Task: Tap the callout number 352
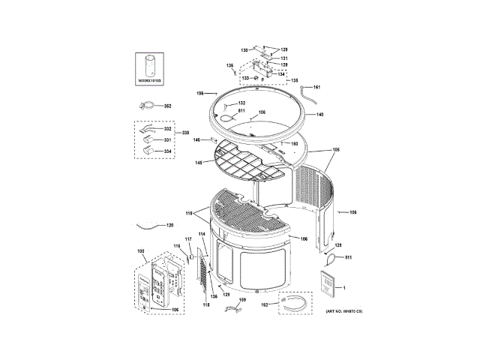point(168,106)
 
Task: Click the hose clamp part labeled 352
point(148,106)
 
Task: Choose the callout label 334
point(168,150)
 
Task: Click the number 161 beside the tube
point(316,88)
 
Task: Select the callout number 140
point(319,115)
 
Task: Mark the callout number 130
point(244,49)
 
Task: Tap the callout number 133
point(244,77)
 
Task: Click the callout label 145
point(199,162)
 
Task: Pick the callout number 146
point(196,139)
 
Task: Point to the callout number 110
point(190,214)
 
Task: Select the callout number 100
point(140,250)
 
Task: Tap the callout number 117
point(189,239)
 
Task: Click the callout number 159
point(242,300)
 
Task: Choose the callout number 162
point(265,304)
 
